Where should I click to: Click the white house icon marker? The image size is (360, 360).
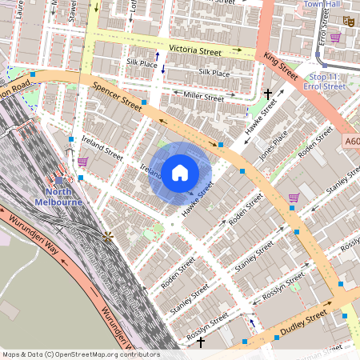tap(180, 173)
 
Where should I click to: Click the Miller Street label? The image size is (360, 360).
tap(203, 98)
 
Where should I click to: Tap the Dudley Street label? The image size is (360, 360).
tap(304, 323)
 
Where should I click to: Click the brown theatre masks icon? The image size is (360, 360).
tap(348, 22)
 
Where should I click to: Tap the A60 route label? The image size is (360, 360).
tap(350, 141)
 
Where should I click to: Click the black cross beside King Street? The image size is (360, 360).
tap(269, 94)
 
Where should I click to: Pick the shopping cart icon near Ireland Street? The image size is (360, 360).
tap(83, 162)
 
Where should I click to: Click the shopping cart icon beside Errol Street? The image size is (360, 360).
tap(294, 197)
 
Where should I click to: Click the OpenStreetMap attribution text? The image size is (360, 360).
tap(80, 354)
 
